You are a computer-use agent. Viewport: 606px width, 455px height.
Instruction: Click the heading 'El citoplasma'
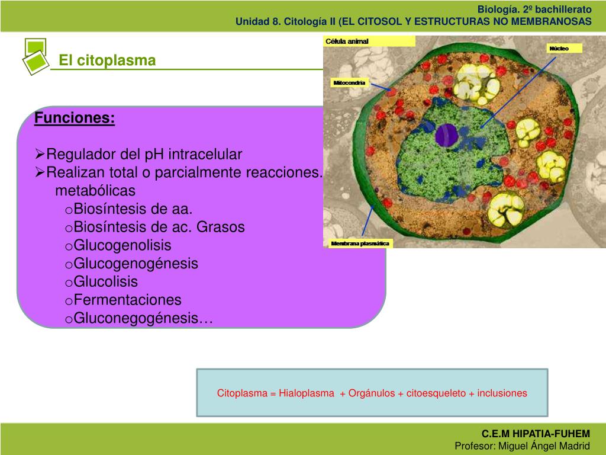click(107, 60)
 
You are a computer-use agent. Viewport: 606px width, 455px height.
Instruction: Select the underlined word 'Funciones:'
click(75, 118)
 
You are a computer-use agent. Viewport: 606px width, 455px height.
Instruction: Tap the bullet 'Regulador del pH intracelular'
click(144, 155)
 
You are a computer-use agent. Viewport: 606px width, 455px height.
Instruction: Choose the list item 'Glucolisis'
click(106, 281)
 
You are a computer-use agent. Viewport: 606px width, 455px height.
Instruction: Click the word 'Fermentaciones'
click(128, 300)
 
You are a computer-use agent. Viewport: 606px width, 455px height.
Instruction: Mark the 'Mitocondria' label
click(350, 83)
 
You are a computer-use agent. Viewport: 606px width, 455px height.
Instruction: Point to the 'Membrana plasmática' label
click(360, 243)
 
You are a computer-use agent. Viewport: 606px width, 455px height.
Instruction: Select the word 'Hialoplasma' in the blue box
click(307, 393)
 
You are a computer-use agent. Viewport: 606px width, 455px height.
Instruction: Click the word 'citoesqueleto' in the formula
click(436, 393)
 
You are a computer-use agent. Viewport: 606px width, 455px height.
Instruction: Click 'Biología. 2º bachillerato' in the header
click(543, 9)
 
